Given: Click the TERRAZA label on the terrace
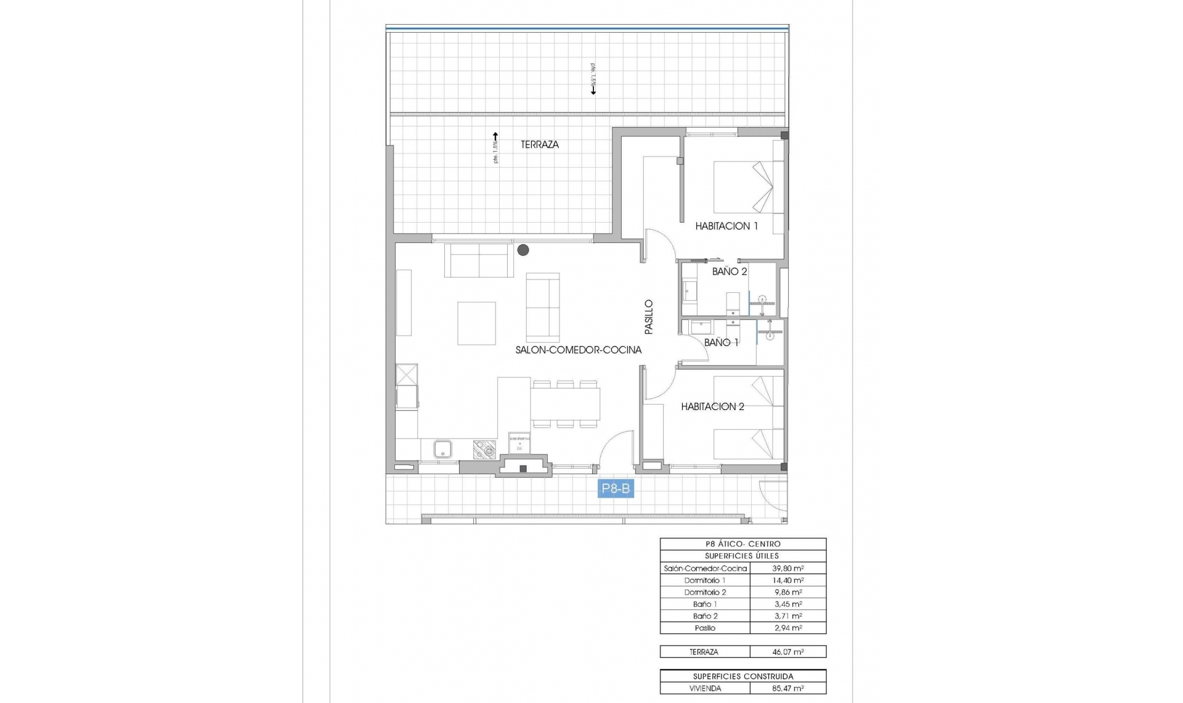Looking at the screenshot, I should [540, 144].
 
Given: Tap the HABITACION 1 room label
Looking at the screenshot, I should [726, 226].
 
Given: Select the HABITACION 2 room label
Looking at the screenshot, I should [712, 406].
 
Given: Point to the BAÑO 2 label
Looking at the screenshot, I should [730, 271].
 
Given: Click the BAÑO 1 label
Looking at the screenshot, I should [721, 342].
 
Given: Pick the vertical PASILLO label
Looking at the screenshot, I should [648, 317].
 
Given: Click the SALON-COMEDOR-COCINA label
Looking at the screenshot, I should [579, 350].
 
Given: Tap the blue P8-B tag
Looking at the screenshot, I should [616, 489].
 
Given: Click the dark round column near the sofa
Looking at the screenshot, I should [523, 250].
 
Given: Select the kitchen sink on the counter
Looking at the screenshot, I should [442, 449].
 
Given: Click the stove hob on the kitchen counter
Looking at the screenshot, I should [484, 450].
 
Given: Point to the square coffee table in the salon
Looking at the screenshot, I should [476, 323].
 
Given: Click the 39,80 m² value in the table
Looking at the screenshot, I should [788, 569].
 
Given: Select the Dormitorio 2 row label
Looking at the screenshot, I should [705, 592].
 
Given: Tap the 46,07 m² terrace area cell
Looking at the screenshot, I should [788, 652].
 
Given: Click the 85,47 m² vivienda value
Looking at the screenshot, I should [788, 688].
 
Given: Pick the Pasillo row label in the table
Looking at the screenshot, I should [705, 628].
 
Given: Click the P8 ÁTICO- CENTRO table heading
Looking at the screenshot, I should [742, 544].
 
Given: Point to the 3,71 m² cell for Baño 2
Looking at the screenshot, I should [788, 616].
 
